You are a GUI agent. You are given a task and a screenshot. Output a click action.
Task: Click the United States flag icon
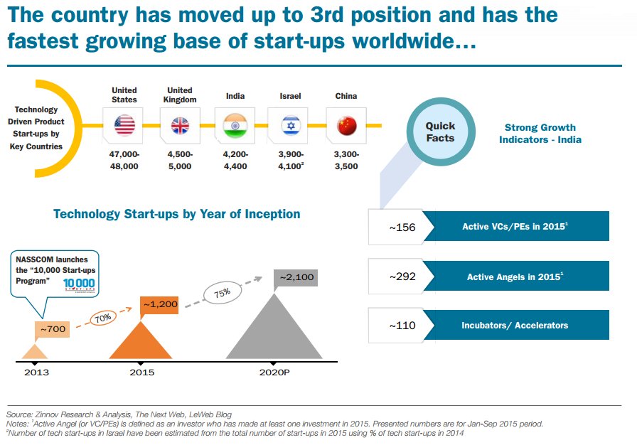[124, 126]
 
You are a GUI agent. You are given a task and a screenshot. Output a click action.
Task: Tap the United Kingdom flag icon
[180, 126]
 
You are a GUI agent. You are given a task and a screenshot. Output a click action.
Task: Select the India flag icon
[235, 126]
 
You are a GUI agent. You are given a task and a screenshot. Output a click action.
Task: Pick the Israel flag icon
[290, 126]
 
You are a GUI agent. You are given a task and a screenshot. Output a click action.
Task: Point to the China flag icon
[346, 126]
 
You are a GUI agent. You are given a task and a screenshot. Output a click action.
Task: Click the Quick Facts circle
[440, 132]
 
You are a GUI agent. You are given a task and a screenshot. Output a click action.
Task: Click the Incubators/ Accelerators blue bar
[515, 325]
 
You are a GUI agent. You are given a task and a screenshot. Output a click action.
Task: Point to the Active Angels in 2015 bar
[515, 277]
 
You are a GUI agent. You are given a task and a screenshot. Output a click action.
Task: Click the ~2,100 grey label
[294, 278]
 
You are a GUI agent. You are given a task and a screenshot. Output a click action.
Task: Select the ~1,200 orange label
[161, 305]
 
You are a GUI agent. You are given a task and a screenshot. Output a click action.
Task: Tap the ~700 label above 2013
[53, 330]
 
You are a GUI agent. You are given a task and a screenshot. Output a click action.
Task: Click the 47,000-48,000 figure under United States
[124, 160]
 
